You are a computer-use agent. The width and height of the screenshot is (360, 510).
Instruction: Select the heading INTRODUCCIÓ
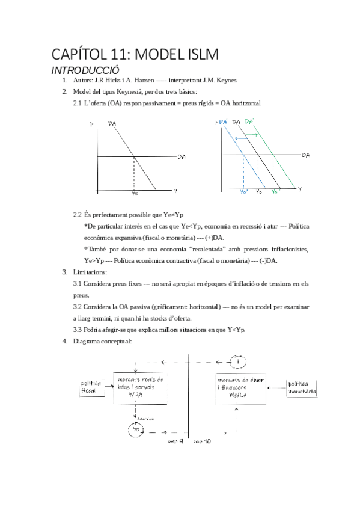click(86, 70)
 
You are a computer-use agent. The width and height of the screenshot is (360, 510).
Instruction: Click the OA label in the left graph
click(181, 157)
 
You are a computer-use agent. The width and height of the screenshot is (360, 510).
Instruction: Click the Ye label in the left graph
click(133, 193)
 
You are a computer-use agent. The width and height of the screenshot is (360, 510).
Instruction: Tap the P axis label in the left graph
click(91, 124)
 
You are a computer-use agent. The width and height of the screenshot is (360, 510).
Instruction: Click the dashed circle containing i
click(239, 363)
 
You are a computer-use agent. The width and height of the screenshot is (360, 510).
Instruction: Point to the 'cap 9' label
click(175, 441)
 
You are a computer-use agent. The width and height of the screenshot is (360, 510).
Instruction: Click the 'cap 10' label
click(202, 441)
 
